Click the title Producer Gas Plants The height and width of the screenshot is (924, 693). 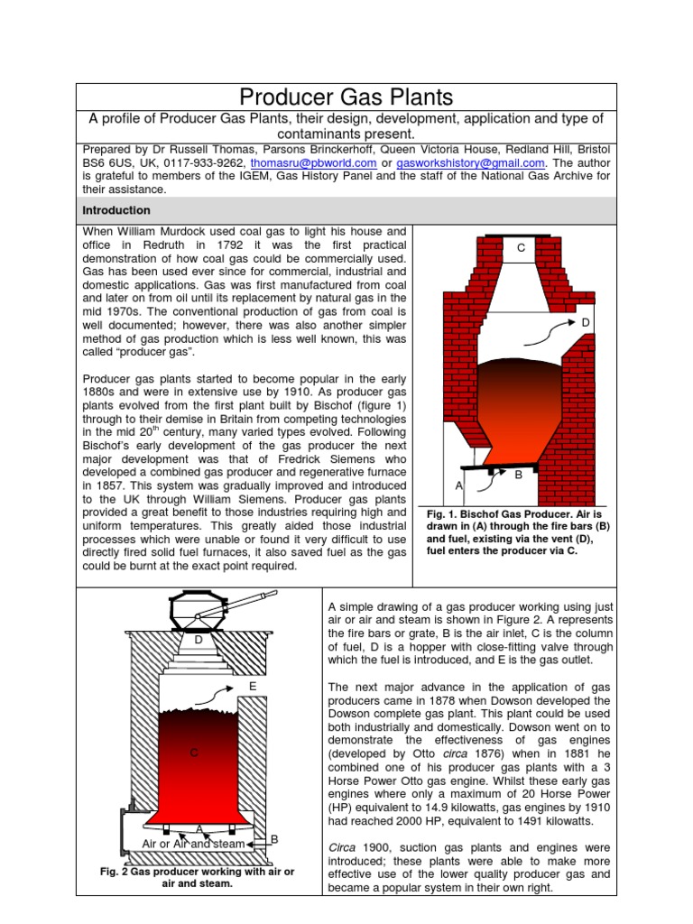pyautogui.click(x=346, y=97)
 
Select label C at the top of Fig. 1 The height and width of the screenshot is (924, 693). pyautogui.click(x=521, y=247)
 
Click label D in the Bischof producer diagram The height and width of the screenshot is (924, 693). pyautogui.click(x=586, y=323)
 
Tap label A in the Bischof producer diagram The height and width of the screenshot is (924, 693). pyautogui.click(x=458, y=485)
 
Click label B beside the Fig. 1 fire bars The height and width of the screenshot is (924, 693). pyautogui.click(x=519, y=475)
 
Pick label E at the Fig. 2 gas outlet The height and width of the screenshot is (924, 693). pyautogui.click(x=253, y=687)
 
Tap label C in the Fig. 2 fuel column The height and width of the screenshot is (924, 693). pyautogui.click(x=193, y=753)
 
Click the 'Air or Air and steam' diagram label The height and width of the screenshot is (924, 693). pyautogui.click(x=193, y=844)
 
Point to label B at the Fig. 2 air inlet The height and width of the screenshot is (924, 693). pyautogui.click(x=274, y=839)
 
